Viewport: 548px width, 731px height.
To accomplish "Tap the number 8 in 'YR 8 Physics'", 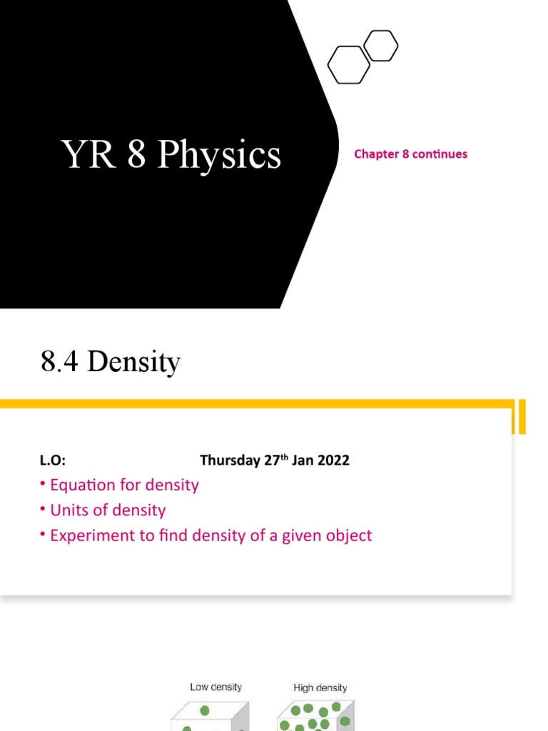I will [x=136, y=154].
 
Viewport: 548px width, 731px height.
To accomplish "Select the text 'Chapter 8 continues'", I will [x=410, y=153].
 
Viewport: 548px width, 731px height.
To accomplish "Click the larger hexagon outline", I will [x=349, y=64].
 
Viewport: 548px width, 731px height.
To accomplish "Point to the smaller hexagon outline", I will [x=380, y=46].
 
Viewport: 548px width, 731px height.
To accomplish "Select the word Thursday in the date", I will [x=230, y=460].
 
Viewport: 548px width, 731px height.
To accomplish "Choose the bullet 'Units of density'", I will [x=107, y=510].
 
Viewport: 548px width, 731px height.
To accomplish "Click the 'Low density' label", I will [x=215, y=687].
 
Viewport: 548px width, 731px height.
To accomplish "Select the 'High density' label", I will [x=320, y=688].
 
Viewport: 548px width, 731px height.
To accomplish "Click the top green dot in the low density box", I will [x=205, y=711].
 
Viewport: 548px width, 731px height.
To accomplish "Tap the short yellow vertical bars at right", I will [x=521, y=417].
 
